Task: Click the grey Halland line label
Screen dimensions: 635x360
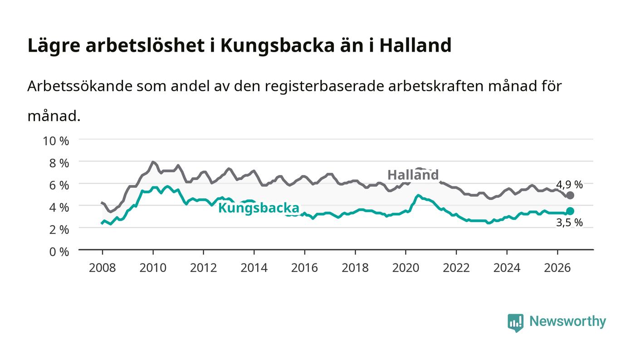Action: click(413, 175)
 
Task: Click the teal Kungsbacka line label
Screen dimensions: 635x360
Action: click(259, 208)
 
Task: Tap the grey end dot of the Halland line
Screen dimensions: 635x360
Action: click(570, 195)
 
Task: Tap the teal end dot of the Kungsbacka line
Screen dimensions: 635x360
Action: click(570, 211)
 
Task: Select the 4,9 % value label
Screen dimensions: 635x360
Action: click(569, 185)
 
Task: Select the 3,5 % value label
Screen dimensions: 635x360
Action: click(569, 223)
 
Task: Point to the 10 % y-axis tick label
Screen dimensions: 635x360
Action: click(56, 141)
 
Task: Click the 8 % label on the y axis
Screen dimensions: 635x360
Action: click(59, 163)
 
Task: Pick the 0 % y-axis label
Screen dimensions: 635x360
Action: click(59, 252)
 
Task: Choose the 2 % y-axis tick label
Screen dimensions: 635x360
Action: click(59, 229)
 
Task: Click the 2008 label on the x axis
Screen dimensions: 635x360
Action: click(103, 268)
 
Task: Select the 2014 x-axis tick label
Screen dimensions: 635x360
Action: click(254, 268)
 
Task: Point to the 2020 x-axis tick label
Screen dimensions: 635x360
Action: click(405, 268)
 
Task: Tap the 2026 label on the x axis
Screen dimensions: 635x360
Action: click(557, 268)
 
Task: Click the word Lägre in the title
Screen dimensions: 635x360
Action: click(54, 46)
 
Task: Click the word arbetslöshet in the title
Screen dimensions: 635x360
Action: click(145, 45)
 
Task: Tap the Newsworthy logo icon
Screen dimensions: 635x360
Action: click(515, 323)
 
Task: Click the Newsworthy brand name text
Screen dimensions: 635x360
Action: click(567, 322)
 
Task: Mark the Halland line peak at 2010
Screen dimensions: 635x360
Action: click(153, 162)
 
